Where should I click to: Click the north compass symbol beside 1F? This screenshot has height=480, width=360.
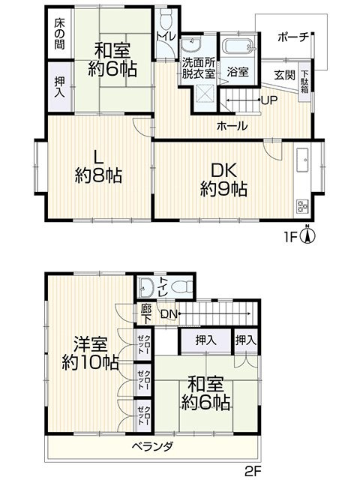[308, 234]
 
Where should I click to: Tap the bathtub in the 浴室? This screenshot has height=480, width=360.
[238, 47]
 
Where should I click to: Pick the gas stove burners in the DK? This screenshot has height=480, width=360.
[302, 206]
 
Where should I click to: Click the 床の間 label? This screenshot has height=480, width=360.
[59, 34]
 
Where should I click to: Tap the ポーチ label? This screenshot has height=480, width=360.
[294, 37]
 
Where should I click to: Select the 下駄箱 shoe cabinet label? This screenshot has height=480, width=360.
[304, 82]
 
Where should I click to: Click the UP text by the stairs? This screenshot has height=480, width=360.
[270, 100]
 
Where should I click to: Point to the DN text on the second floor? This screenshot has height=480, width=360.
[169, 313]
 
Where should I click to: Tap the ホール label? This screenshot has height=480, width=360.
[232, 126]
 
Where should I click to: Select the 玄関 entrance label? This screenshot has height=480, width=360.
[284, 75]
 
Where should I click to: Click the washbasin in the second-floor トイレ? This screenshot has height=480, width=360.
[144, 288]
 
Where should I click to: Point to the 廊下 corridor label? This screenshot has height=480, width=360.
[146, 313]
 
